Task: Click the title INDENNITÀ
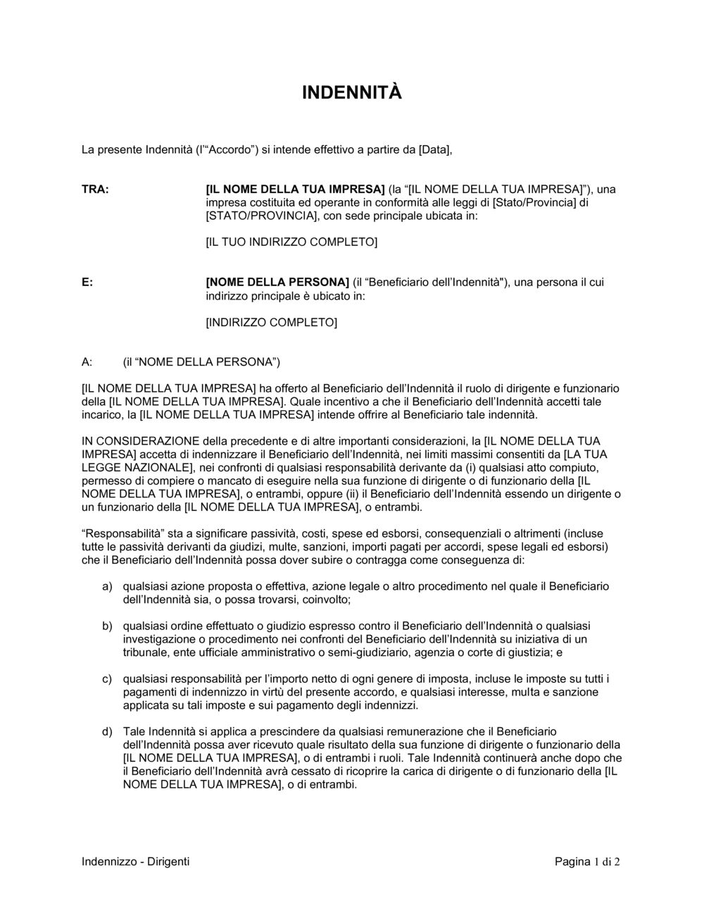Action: (x=351, y=92)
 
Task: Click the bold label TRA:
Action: (x=95, y=189)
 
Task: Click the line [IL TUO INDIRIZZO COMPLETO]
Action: (x=291, y=242)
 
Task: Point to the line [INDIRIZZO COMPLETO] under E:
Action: (x=271, y=323)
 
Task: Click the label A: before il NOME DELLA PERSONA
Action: (x=87, y=362)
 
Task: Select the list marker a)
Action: (x=107, y=586)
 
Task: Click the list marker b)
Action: (x=107, y=626)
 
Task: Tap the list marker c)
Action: (x=107, y=679)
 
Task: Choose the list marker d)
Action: (x=107, y=731)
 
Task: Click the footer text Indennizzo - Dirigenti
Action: (x=135, y=861)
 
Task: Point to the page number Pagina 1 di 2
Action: (x=587, y=861)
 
